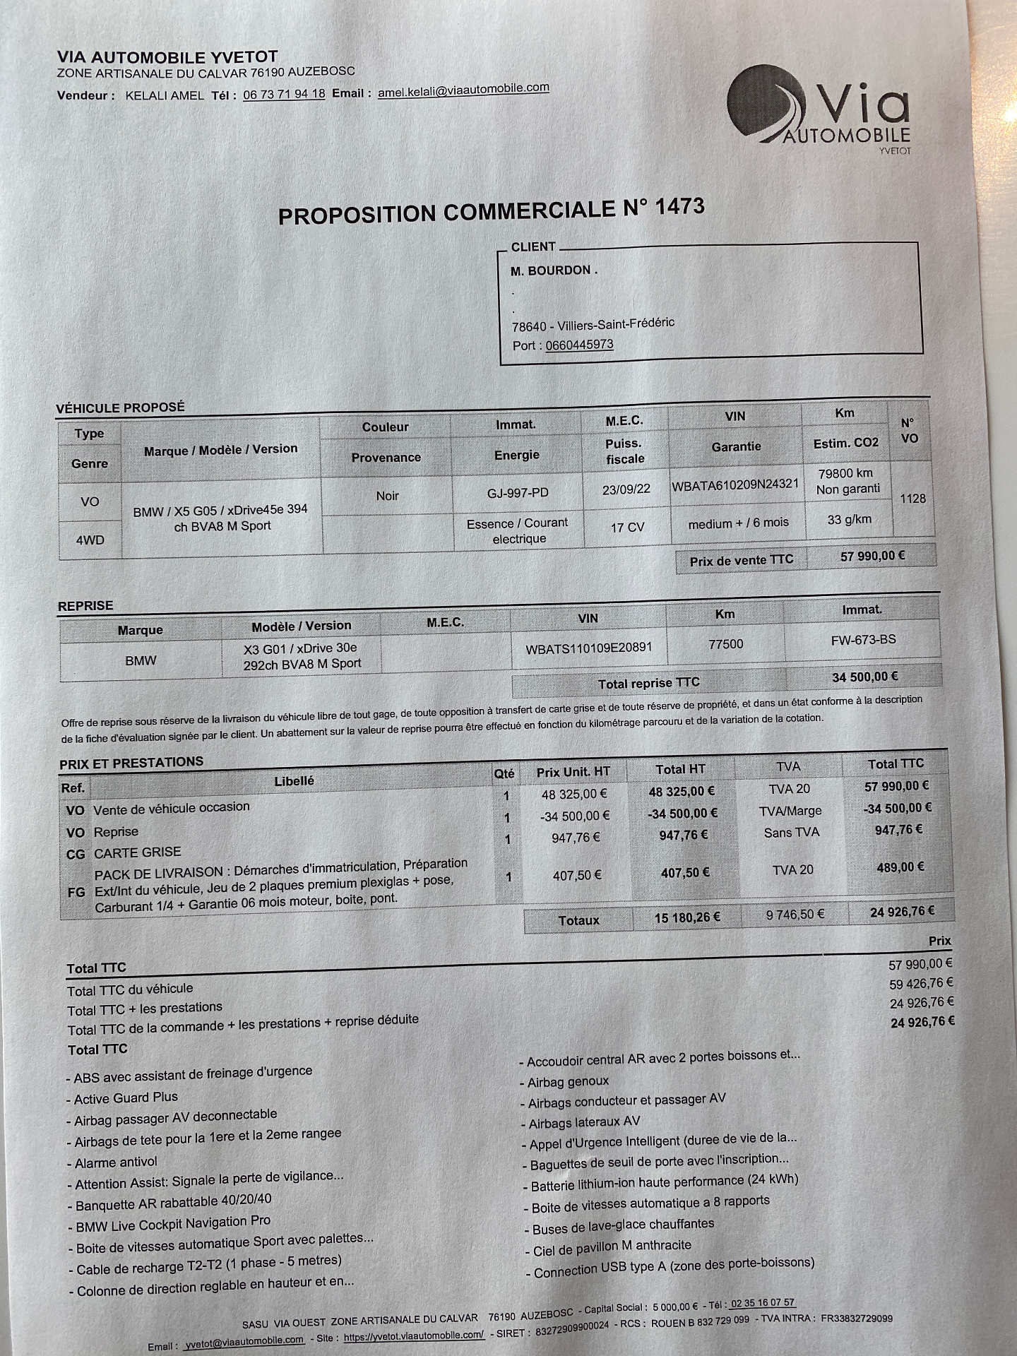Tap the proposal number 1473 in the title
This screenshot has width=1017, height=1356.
(680, 206)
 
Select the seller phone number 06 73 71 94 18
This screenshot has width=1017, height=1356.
(284, 94)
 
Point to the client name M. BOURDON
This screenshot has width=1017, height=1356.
(554, 270)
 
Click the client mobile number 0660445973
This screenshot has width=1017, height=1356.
(579, 345)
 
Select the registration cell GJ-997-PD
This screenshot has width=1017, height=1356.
(518, 493)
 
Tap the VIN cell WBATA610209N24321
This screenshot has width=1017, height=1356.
(735, 485)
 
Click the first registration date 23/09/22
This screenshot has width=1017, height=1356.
(626, 489)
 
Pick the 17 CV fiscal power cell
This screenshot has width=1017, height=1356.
(627, 527)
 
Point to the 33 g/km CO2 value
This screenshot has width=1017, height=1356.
(849, 520)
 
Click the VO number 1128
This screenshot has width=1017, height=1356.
(912, 499)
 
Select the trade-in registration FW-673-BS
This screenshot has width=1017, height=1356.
(863, 640)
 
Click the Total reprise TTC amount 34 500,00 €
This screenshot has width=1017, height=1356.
(864, 677)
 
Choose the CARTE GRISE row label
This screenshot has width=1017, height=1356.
(138, 852)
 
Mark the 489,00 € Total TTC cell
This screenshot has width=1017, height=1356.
(900, 867)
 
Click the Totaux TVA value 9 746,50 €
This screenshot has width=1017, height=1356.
(795, 915)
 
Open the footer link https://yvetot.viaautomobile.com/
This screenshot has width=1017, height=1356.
(414, 1335)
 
